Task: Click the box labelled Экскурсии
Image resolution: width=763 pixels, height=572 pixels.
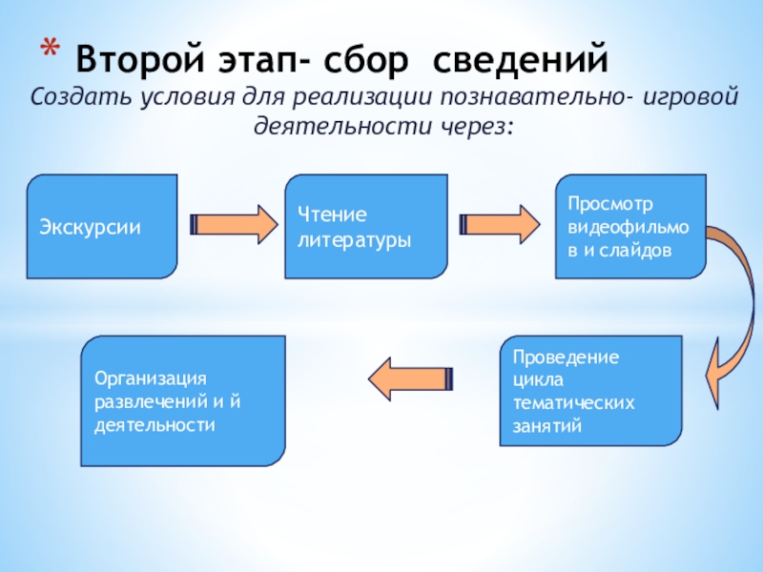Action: (x=101, y=227)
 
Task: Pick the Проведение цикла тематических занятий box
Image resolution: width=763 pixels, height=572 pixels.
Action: (x=590, y=391)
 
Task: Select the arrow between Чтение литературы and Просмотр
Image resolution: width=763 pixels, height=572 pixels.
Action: (x=499, y=224)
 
